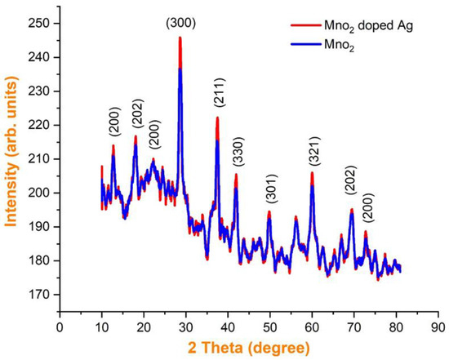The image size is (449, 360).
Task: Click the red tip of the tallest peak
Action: [x=180, y=38]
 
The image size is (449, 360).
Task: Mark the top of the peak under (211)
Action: [x=217, y=118]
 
